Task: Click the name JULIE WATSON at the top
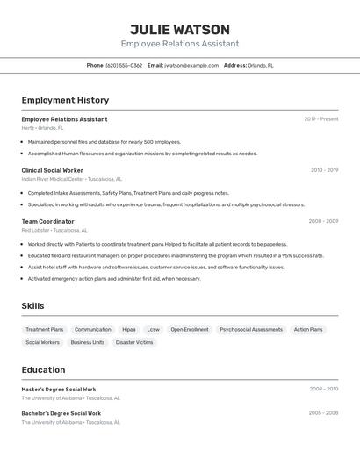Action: point(180,29)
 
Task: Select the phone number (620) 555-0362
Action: point(124,65)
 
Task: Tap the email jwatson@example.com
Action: point(191,65)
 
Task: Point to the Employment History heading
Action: point(65,100)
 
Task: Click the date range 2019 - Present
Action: point(321,119)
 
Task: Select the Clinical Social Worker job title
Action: point(53,170)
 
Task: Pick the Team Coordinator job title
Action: point(48,221)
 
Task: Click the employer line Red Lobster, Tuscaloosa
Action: point(55,230)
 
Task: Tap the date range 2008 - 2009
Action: point(323,221)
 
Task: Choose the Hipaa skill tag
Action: point(129,330)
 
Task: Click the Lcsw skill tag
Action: point(154,330)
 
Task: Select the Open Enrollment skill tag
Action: point(190,330)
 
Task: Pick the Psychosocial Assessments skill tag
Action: point(251,330)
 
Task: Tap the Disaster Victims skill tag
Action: point(134,342)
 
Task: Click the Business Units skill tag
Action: point(88,342)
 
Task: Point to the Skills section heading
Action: point(33,306)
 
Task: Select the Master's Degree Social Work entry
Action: point(59,389)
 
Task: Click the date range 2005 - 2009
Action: point(323,412)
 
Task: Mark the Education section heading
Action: point(44,369)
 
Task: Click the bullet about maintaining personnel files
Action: point(104,141)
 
